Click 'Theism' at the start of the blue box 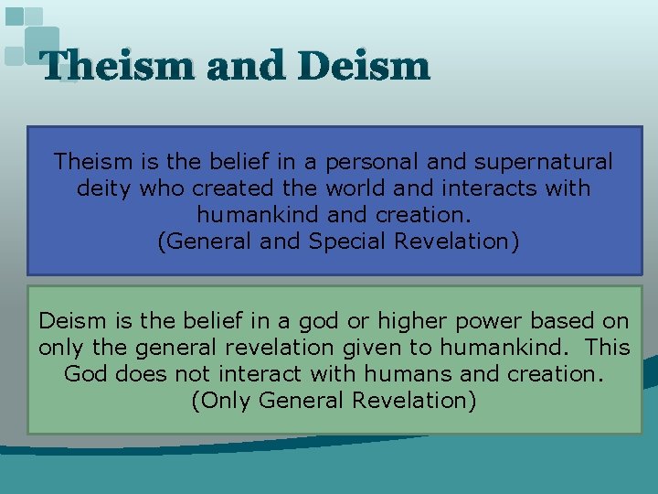94,162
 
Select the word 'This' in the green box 607,348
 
